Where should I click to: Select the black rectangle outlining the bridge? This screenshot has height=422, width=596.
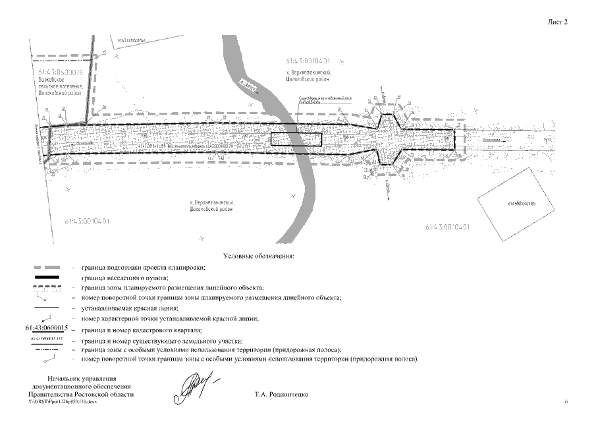(296, 140)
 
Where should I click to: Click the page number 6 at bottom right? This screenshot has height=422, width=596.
(566, 401)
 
